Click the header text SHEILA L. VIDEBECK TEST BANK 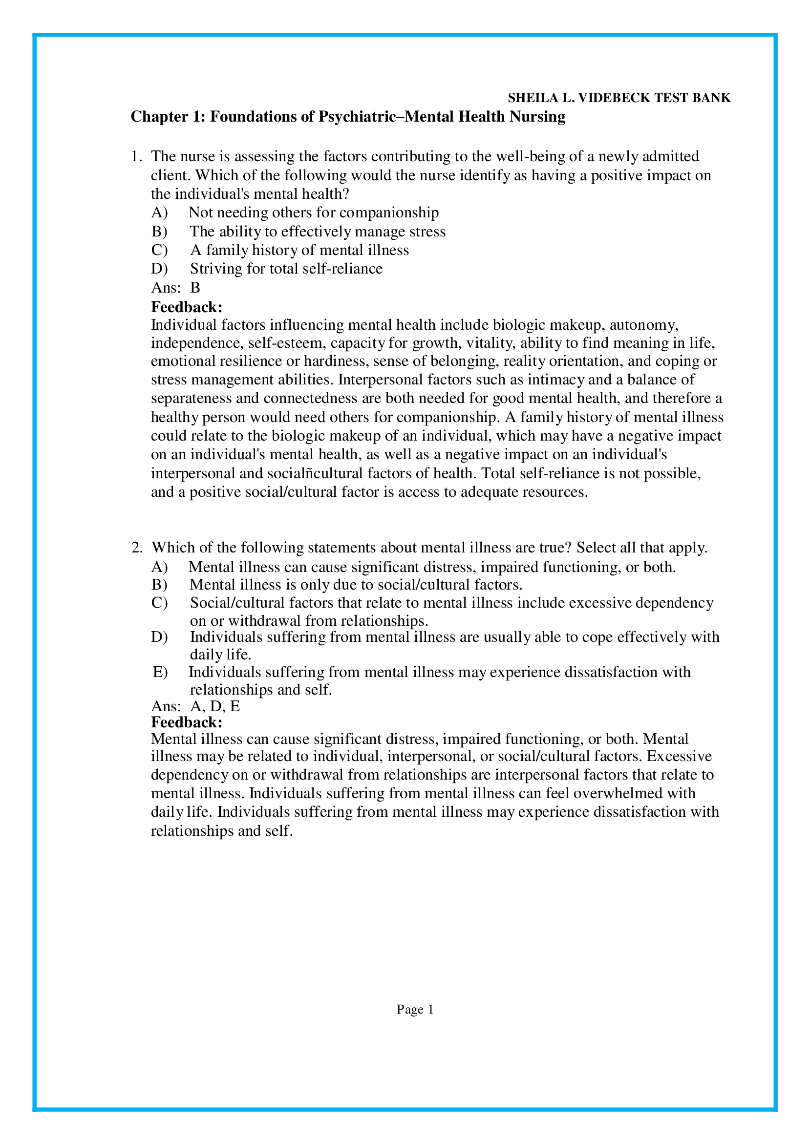619,98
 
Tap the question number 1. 136,157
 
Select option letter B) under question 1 159,232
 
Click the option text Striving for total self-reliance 286,269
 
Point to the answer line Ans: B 175,288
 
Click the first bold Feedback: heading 187,307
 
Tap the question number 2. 136,548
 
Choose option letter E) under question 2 160,672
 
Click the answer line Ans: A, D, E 195,706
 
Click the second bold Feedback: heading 187,722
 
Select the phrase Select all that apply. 641,548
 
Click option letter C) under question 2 159,603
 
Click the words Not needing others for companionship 314,213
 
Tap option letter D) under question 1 159,269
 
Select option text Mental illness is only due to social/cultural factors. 356,585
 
